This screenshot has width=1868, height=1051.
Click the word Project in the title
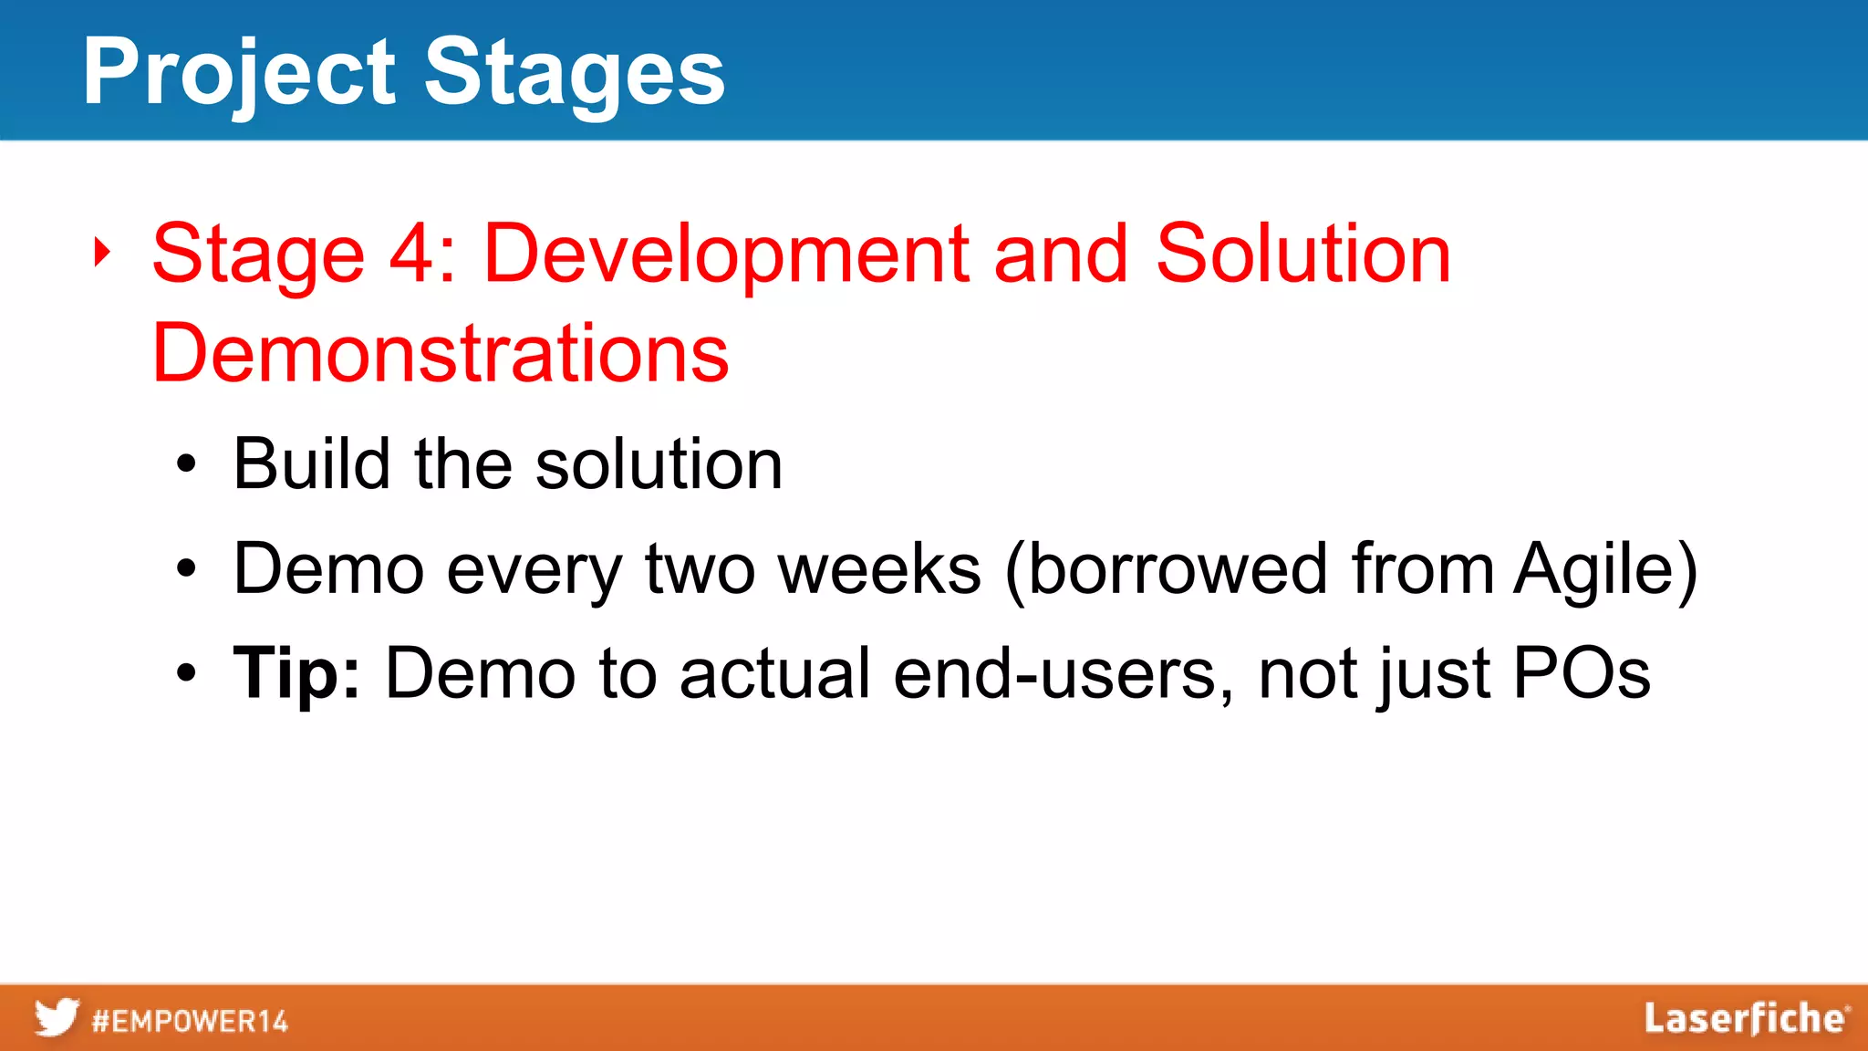point(239,73)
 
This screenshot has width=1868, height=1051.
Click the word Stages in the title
point(575,73)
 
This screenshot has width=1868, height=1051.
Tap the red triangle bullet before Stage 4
point(102,253)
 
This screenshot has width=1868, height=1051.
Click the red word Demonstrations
point(441,353)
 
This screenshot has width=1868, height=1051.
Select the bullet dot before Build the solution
point(186,465)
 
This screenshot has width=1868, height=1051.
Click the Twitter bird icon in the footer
point(57,1017)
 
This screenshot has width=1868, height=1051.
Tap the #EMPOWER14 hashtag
point(190,1021)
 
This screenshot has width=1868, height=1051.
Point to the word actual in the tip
point(774,673)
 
